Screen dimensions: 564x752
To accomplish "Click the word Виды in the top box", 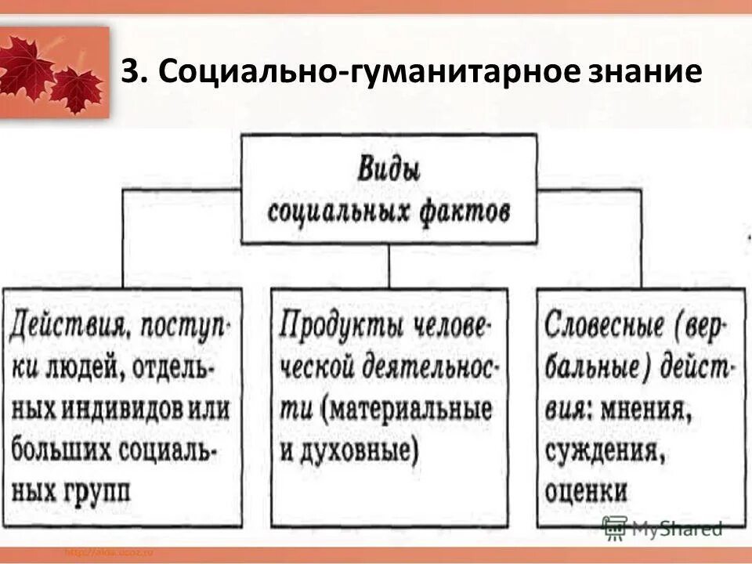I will click(389, 169).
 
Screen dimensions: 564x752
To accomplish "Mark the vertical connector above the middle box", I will click(389, 266).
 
